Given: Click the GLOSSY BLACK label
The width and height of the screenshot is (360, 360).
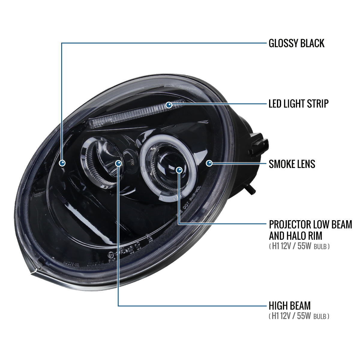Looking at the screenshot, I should click(x=296, y=43).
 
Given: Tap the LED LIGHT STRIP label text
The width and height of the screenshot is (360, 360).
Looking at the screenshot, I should click(x=298, y=104).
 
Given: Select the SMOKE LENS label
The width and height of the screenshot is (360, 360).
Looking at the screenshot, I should click(x=292, y=164).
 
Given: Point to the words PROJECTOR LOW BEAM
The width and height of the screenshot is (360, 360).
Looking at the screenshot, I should click(x=310, y=224).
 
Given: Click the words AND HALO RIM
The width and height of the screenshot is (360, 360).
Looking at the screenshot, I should click(x=295, y=236).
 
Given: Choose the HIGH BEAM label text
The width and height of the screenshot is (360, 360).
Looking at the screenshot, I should click(x=289, y=306).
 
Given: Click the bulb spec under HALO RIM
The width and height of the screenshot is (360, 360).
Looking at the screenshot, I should click(x=299, y=247).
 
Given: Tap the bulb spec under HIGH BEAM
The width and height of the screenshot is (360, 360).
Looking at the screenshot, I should click(x=299, y=316).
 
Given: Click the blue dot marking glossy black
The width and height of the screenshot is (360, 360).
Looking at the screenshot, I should click(x=62, y=163).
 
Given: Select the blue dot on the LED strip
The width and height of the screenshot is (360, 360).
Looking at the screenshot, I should click(x=169, y=105).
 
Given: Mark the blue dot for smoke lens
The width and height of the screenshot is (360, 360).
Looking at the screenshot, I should click(x=209, y=163).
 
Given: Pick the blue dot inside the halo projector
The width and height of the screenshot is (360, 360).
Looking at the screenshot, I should click(x=179, y=170).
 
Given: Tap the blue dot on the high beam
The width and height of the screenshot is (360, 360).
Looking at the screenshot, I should click(x=118, y=163).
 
